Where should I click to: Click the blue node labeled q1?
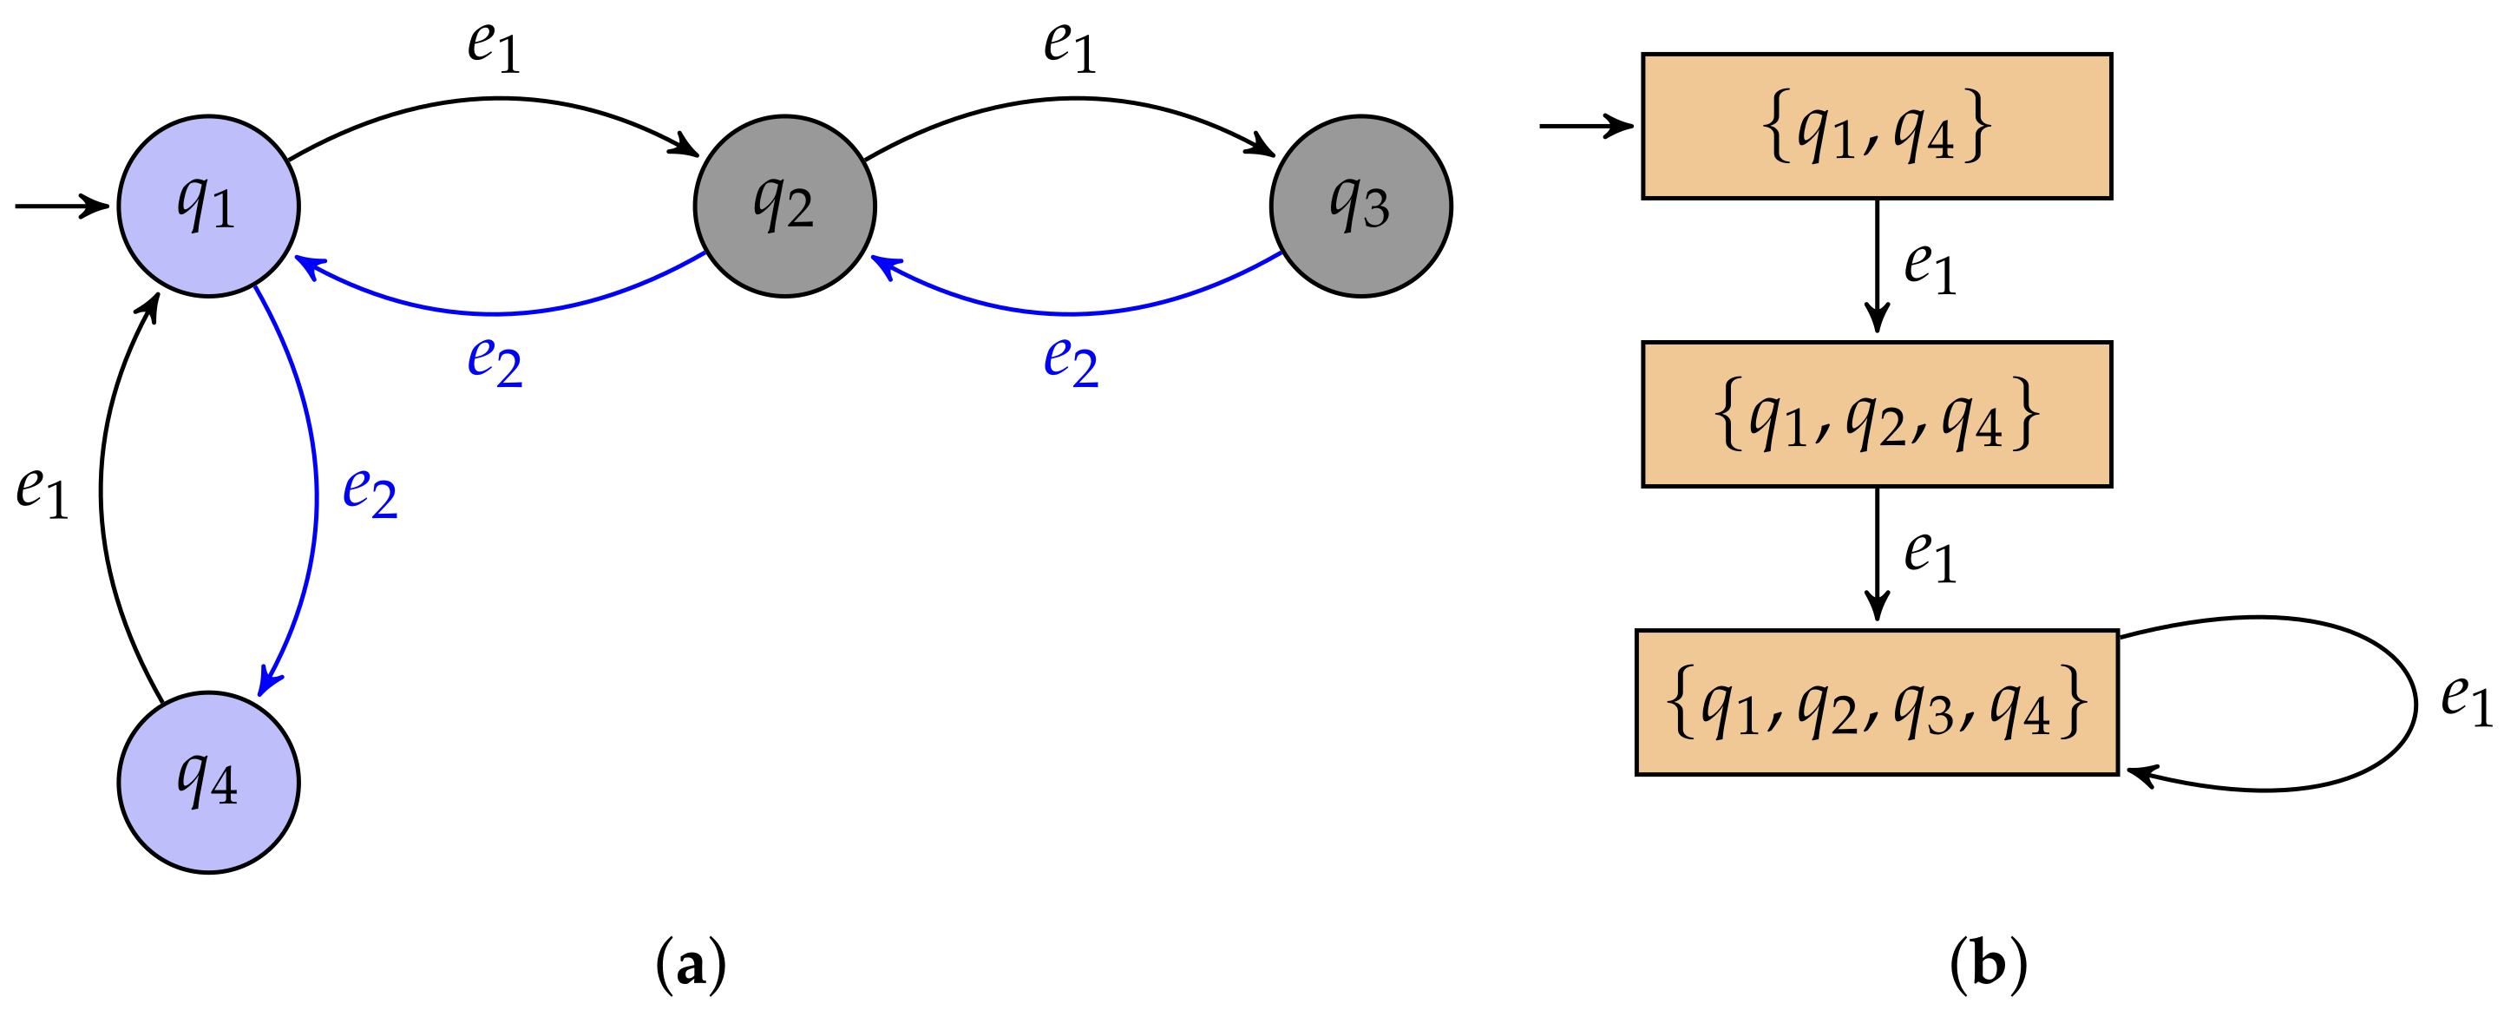(208, 207)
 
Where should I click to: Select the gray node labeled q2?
(784, 207)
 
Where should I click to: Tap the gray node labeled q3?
(1360, 207)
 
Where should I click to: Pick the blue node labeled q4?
(208, 783)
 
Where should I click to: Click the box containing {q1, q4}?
(1876, 127)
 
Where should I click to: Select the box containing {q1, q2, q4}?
(1876, 414)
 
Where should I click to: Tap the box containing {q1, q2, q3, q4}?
(1876, 702)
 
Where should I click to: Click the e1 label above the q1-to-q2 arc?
(494, 47)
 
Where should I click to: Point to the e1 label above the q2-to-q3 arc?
(1070, 47)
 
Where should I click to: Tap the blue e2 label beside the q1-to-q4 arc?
(370, 491)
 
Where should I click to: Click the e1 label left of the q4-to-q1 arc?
(43, 491)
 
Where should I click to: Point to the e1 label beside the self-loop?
(2466, 700)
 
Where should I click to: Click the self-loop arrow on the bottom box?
(2415, 702)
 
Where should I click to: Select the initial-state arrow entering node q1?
(60, 207)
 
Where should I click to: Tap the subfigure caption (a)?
(692, 965)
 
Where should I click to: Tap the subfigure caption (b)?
(1989, 965)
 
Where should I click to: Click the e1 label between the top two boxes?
(1930, 267)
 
